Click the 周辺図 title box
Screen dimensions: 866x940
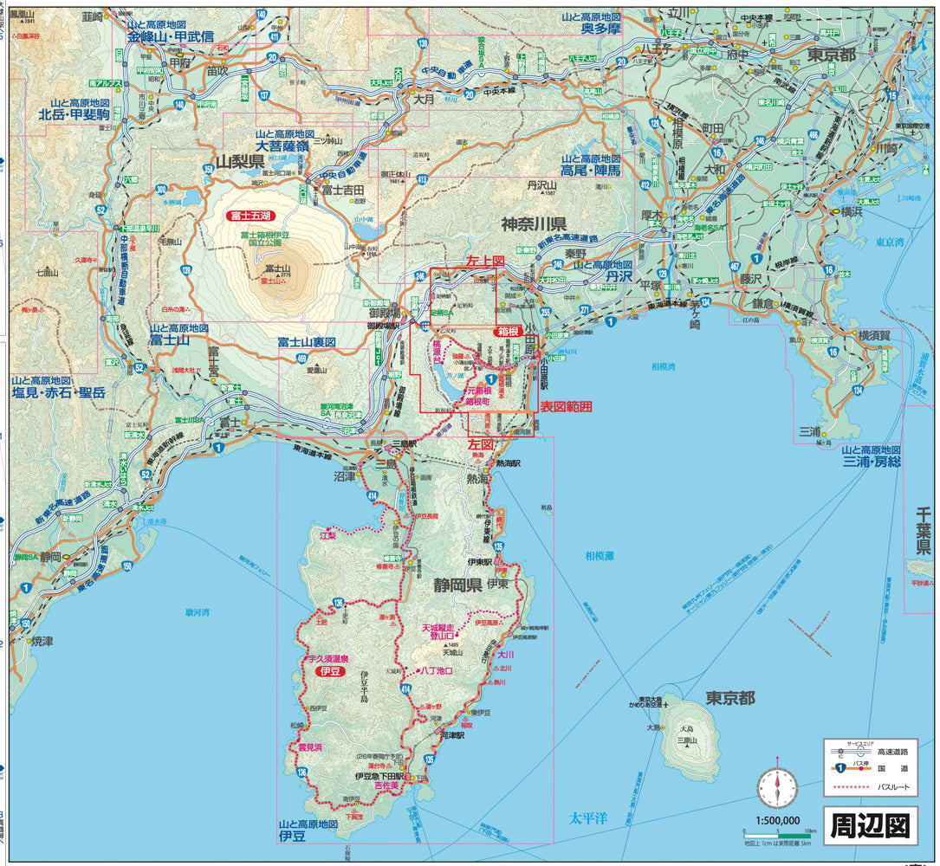point(869,825)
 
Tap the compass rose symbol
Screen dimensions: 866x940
point(777,787)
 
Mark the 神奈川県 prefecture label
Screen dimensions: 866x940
point(534,223)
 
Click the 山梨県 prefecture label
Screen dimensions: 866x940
point(240,162)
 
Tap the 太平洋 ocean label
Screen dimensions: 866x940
point(588,816)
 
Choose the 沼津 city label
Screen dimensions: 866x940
point(344,476)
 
